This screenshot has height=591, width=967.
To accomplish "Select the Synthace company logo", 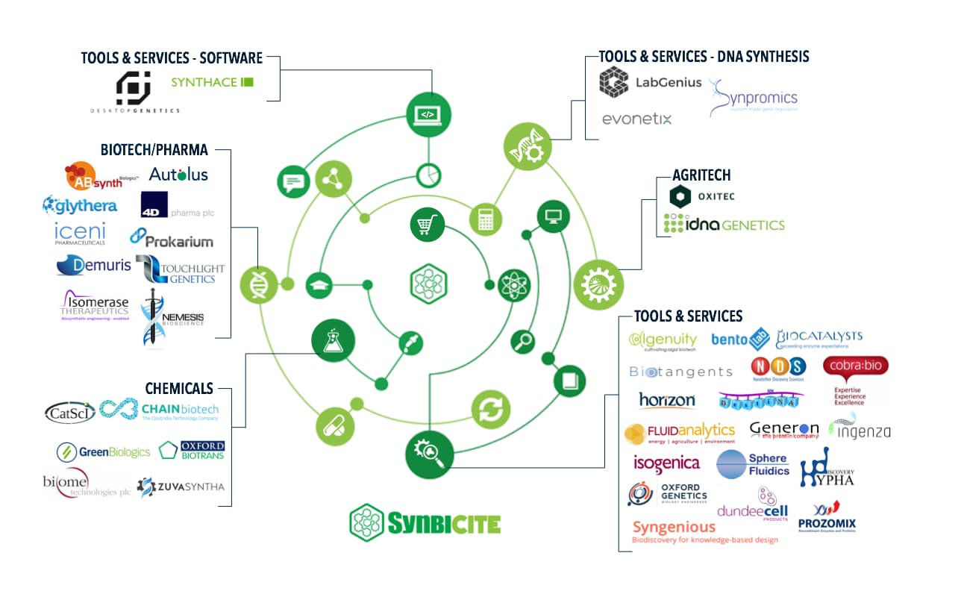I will [212, 82].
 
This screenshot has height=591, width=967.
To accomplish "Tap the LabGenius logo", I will [650, 83].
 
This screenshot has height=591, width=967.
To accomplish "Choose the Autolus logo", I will [178, 175].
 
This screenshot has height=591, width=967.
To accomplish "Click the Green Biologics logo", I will [104, 451].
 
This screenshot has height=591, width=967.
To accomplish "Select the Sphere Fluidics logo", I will [753, 464].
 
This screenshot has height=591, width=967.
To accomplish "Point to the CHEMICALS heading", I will [178, 389].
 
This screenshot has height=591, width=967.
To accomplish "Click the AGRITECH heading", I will [701, 175].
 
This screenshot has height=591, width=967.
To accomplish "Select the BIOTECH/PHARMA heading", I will [154, 150].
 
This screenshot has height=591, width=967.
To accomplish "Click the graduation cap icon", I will [319, 284].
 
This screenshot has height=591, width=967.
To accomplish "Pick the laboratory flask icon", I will [332, 340].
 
